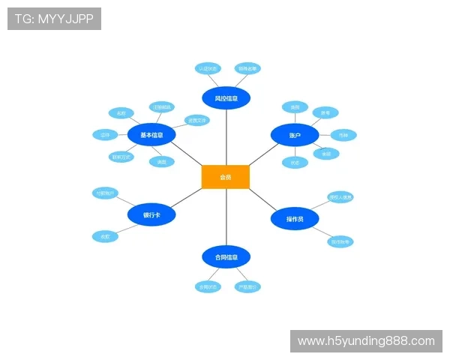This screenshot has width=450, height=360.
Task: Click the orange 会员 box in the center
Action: (x=225, y=177)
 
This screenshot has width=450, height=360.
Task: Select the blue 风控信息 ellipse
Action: (x=226, y=97)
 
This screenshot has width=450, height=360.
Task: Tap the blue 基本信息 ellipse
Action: (x=151, y=135)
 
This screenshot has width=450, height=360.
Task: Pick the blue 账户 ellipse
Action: (x=295, y=135)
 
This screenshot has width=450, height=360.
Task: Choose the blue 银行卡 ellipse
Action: (x=151, y=215)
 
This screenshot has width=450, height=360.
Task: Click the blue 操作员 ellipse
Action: (x=295, y=219)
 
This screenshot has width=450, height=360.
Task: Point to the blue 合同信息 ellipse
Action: (x=226, y=257)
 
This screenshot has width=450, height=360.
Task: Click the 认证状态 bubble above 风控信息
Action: (x=208, y=68)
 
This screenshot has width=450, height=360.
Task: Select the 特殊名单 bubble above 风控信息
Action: (x=247, y=68)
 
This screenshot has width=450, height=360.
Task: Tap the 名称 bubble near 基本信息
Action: (x=121, y=113)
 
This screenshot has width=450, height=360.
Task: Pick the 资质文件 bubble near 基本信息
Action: (x=197, y=120)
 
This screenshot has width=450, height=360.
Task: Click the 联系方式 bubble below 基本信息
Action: (x=121, y=157)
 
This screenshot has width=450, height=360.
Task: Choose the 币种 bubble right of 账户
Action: (x=343, y=135)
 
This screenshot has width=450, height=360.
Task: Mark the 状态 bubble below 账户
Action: (x=295, y=162)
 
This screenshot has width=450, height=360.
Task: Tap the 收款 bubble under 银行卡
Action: (x=105, y=236)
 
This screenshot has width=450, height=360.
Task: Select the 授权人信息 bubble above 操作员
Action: (x=340, y=197)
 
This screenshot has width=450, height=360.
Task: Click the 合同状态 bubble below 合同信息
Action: (x=208, y=286)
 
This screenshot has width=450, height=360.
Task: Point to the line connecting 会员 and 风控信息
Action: (x=226, y=139)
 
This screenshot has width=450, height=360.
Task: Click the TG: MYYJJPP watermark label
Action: (x=54, y=19)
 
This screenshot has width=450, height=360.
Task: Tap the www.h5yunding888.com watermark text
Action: (x=366, y=341)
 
